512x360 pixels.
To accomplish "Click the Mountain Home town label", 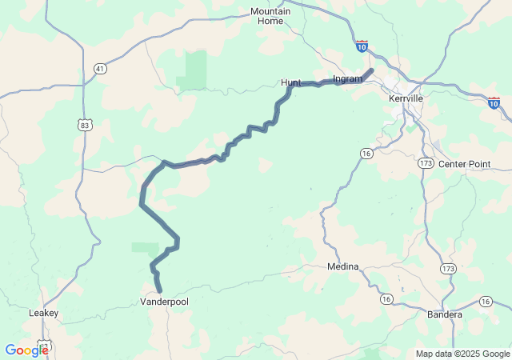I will [270, 16].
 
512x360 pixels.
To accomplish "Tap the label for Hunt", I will [290, 82].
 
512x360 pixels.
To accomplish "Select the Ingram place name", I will [347, 78].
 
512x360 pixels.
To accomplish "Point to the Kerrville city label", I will [405, 98].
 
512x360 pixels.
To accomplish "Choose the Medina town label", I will [342, 266].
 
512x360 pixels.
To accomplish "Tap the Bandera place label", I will [445, 314].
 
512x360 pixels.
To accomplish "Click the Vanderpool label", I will [164, 302].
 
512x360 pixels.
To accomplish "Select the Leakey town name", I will [43, 313].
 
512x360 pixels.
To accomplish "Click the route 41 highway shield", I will [99, 69].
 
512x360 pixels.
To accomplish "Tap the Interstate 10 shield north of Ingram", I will [362, 46].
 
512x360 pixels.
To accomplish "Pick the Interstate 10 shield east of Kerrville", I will [494, 102].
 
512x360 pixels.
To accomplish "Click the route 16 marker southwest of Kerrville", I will [366, 153].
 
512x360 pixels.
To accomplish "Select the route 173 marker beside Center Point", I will [426, 162].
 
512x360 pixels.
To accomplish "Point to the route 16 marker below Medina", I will [386, 298].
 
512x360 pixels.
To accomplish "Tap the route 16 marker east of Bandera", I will [486, 301].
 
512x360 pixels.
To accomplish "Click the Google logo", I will [26, 350].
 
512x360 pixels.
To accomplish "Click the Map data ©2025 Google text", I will [462, 354].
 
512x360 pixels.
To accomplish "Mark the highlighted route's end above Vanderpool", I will [160, 290].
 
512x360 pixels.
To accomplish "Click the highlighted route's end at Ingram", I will [371, 70].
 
